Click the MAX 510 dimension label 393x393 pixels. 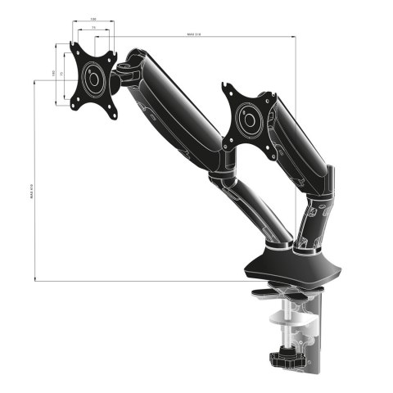(194, 34)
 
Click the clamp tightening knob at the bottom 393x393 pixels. (287, 357)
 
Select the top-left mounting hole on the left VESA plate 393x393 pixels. (75, 49)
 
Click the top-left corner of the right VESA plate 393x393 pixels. (228, 85)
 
